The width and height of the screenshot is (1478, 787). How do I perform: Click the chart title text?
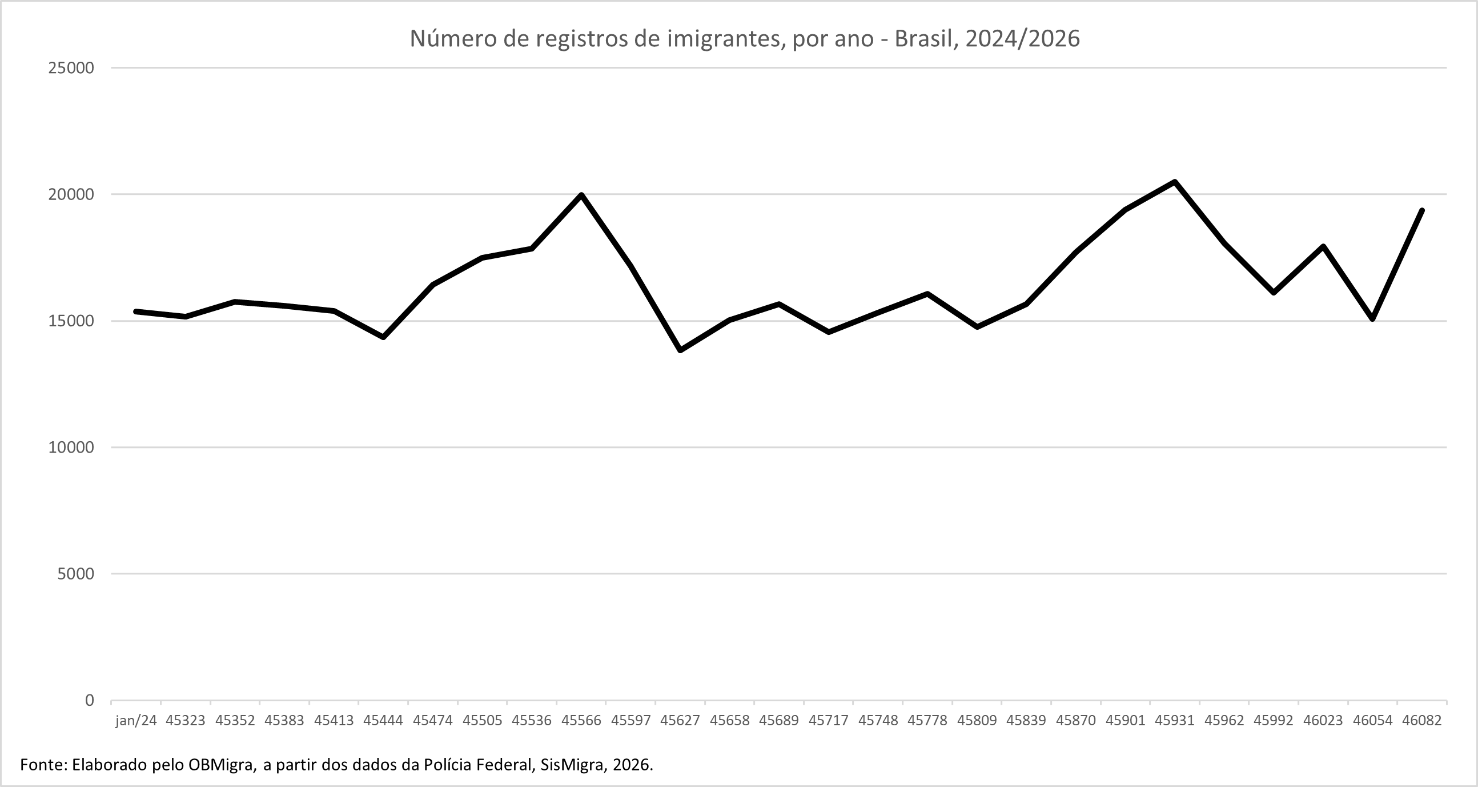pos(744,38)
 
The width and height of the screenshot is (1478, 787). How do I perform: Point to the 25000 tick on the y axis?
pos(71,68)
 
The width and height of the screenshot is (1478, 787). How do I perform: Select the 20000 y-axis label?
pos(71,194)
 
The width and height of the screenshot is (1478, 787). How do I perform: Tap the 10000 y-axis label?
pos(71,447)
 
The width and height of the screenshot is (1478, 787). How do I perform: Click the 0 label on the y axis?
pos(89,700)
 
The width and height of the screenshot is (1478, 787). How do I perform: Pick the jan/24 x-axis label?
pos(136,720)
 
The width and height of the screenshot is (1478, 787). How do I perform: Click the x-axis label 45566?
pos(581,720)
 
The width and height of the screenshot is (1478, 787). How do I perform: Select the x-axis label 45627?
pos(680,720)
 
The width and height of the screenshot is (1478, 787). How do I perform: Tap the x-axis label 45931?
pos(1175,720)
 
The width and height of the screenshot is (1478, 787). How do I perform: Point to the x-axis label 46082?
pos(1422,720)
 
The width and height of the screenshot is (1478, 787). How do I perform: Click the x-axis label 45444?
pos(383,720)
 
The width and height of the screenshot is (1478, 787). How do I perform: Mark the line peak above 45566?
pos(581,194)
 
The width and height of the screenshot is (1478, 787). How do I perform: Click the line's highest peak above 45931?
pos(1175,182)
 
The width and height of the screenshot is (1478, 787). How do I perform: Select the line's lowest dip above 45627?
pos(680,350)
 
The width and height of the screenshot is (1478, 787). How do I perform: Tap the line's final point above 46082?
pos(1423,210)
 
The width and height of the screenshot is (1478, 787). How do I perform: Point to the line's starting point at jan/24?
pos(136,311)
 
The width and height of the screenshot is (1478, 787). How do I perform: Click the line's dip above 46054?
pos(1372,318)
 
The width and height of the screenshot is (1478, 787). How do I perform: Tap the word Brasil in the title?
pos(919,38)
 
